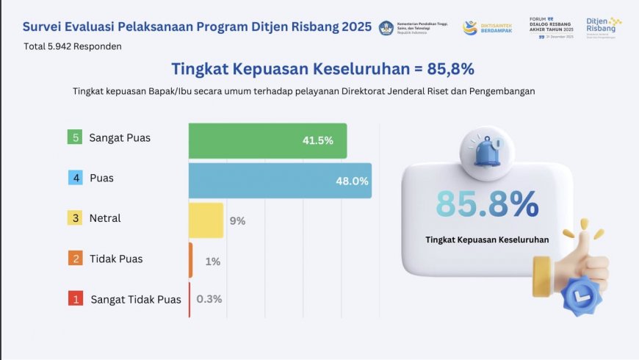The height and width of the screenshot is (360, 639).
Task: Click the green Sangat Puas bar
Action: (267, 140)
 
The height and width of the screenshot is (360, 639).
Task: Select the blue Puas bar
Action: (280, 181)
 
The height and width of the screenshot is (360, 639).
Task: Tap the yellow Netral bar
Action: (206, 220)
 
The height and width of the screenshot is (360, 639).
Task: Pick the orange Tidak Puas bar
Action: (191, 260)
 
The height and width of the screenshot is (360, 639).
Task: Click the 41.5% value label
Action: (318, 141)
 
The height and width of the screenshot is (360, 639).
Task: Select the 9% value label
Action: (237, 220)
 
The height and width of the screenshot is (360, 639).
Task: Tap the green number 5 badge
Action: (74, 137)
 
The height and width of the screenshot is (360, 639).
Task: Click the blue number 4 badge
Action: (74, 178)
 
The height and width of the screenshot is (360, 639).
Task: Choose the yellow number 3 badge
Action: (74, 218)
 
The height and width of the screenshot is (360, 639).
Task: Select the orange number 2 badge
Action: (74, 259)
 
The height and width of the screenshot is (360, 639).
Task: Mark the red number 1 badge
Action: (74, 299)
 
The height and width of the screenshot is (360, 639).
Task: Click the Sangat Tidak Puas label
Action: (136, 299)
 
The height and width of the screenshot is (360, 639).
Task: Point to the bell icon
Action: (487, 151)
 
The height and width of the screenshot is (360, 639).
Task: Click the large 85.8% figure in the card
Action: (487, 204)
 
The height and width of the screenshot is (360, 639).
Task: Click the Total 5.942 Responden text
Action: (72, 46)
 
